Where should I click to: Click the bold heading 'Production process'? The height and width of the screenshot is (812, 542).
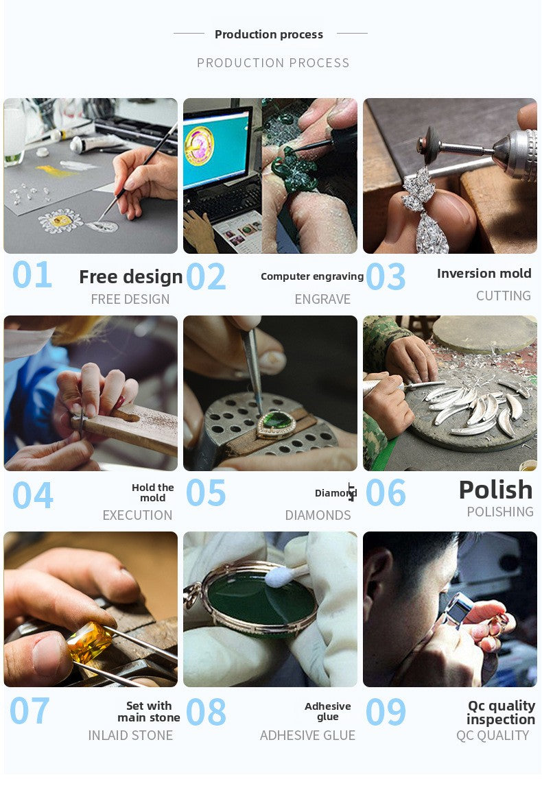tap(269, 35)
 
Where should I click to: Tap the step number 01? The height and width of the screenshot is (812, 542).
tap(32, 274)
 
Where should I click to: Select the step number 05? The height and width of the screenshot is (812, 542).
tap(206, 492)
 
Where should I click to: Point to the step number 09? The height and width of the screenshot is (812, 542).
tap(386, 712)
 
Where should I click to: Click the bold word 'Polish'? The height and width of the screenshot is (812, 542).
tap(496, 490)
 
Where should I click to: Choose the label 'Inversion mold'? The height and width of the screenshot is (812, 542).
tap(484, 274)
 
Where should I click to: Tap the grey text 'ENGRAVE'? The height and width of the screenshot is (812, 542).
tap(322, 299)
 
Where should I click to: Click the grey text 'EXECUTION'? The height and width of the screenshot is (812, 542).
tap(137, 515)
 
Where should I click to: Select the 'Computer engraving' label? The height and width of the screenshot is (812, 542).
tap(312, 276)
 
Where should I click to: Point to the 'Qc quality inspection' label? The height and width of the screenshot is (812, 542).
tap(501, 713)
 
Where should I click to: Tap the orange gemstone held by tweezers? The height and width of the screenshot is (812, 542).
tap(89, 643)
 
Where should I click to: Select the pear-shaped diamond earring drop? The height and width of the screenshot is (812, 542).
tap(432, 233)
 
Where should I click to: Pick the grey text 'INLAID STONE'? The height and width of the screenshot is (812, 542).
tap(130, 735)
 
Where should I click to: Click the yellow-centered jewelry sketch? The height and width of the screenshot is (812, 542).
tap(61, 221)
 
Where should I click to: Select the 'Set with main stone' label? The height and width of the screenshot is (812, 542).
tap(149, 712)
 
